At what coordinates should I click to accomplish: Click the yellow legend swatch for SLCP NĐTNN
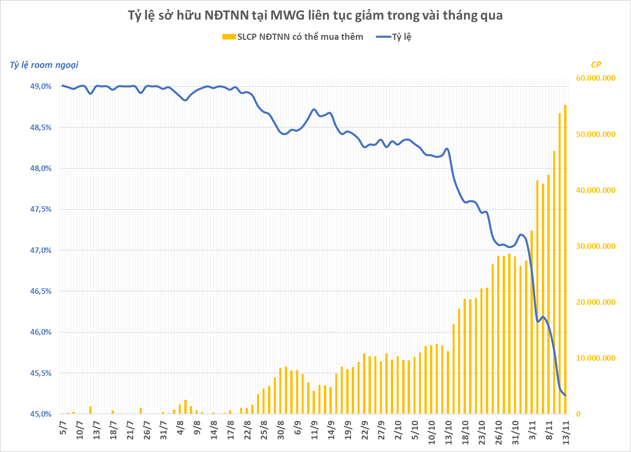(x=229, y=37)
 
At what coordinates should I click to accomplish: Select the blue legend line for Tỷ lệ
(x=384, y=37)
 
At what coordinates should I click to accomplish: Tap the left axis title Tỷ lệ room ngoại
(x=44, y=65)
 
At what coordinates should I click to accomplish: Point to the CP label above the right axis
(x=596, y=65)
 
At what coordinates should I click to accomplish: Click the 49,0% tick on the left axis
(x=41, y=86)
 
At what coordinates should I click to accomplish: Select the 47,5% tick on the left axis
(x=41, y=209)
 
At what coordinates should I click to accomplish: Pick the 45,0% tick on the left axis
(x=41, y=414)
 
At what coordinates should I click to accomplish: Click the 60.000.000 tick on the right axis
(x=596, y=78)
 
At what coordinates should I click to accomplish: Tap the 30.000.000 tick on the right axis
(x=596, y=246)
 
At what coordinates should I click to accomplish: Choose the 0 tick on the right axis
(x=579, y=414)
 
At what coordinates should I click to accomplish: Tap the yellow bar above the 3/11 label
(x=532, y=323)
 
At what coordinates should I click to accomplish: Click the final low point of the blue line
(x=565, y=396)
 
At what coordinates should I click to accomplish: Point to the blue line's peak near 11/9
(x=314, y=109)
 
